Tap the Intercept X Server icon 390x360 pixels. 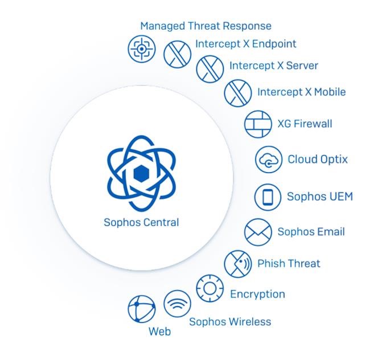(x=210, y=69)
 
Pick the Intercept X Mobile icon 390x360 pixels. (x=237, y=93)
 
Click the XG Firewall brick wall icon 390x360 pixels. (x=258, y=124)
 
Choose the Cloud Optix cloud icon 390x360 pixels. (x=268, y=159)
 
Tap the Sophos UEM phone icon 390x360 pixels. (x=268, y=197)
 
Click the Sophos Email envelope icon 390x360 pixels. (x=258, y=232)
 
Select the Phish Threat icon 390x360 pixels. (x=238, y=263)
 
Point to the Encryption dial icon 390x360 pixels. (x=210, y=288)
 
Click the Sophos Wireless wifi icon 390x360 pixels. (x=177, y=304)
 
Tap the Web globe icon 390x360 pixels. (x=142, y=309)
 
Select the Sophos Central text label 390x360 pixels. (x=141, y=222)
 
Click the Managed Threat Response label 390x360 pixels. (x=206, y=26)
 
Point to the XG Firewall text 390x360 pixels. (x=305, y=124)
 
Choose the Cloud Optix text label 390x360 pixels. (x=317, y=159)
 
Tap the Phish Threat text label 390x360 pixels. (x=289, y=263)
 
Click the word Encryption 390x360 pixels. (x=257, y=294)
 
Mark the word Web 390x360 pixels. (x=159, y=332)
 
